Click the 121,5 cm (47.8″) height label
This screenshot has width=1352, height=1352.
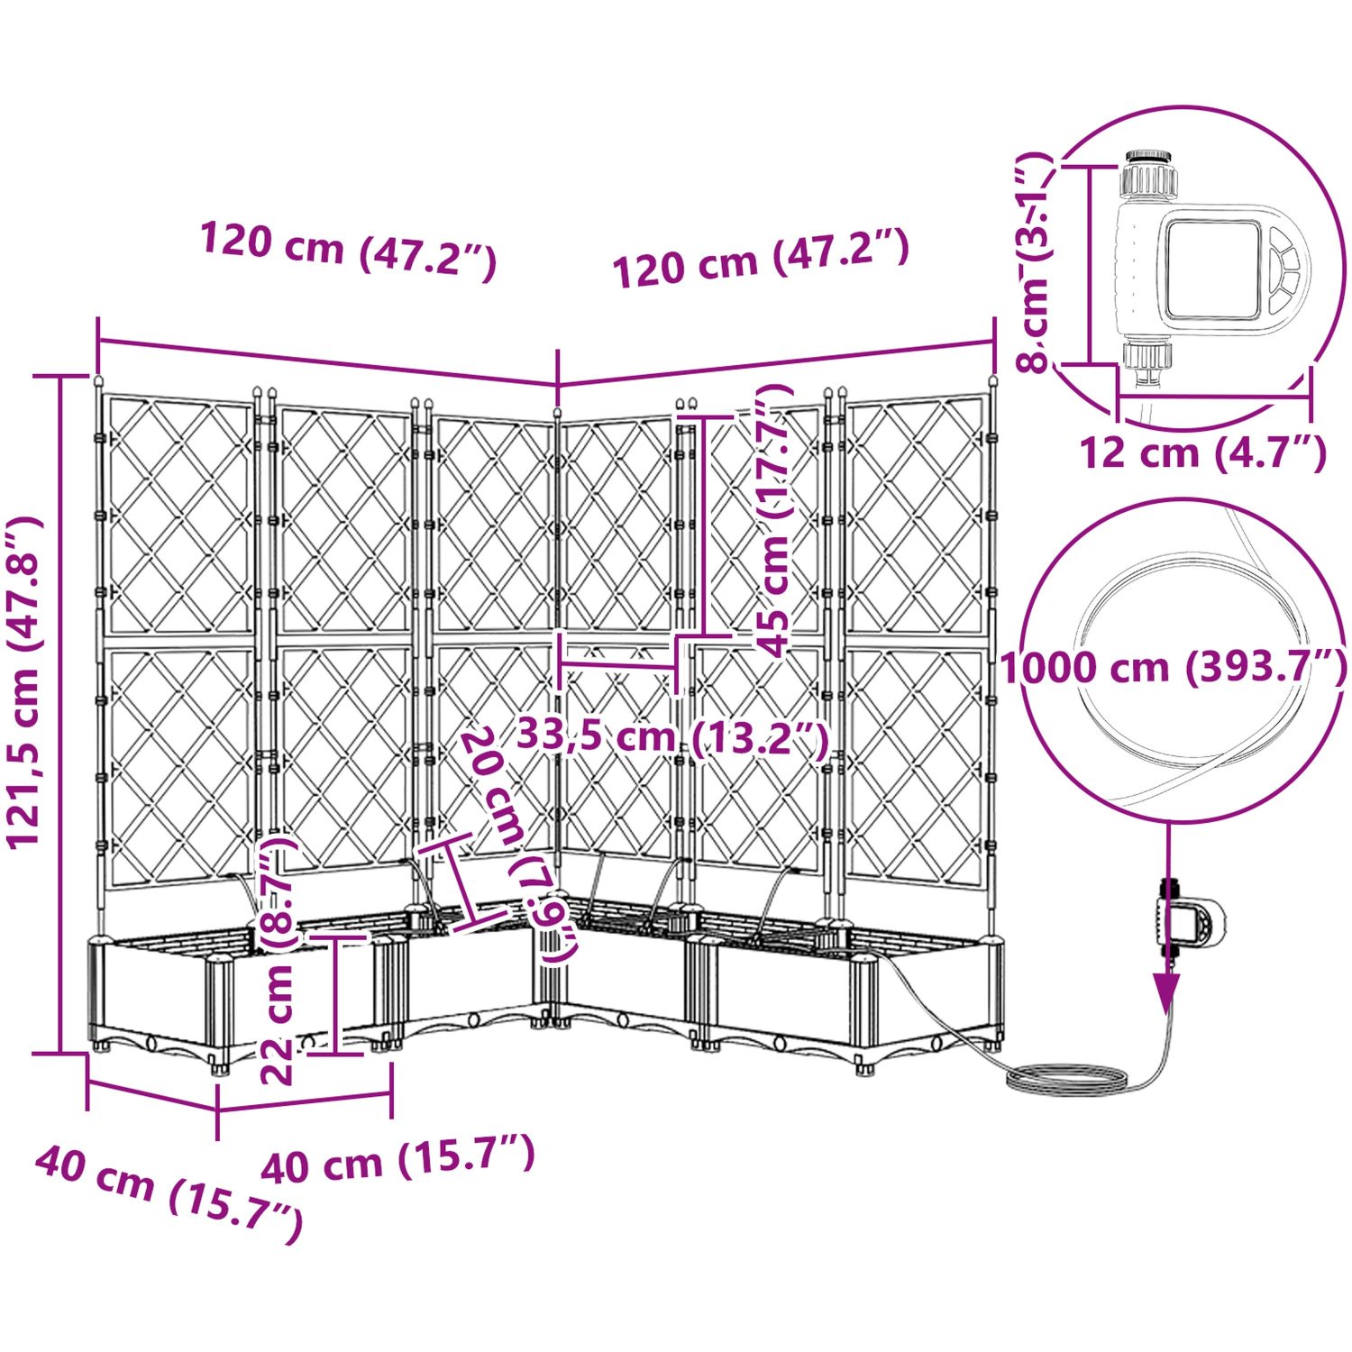(x=24, y=681)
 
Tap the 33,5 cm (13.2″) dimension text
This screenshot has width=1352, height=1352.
(x=671, y=738)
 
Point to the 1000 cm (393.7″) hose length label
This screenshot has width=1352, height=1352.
(x=1174, y=668)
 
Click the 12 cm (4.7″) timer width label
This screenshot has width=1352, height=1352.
(x=1203, y=452)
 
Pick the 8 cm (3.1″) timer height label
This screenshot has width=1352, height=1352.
(x=1034, y=261)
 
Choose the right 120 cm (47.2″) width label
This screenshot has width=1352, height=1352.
(x=760, y=258)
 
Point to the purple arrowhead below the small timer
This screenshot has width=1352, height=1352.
(x=1168, y=991)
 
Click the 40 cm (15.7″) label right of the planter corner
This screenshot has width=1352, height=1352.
(x=397, y=1156)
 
